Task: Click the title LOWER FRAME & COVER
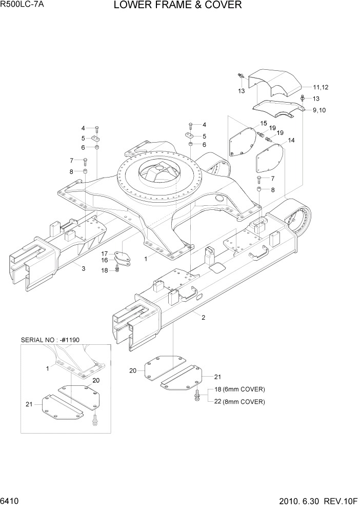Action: coord(177,6)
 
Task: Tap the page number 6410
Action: coord(11,501)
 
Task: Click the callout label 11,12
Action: coord(321,88)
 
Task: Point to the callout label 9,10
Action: coord(318,110)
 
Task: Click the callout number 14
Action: coord(291,140)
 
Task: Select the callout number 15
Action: coord(264,123)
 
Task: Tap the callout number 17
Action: coord(104,253)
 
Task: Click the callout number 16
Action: coord(104,261)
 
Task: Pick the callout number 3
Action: coord(83,268)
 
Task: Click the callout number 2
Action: coord(203,318)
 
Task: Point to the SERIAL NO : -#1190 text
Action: coord(50,340)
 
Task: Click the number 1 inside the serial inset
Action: coord(48,368)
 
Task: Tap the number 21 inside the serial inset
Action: coord(29,404)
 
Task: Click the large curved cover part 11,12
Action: coord(277,82)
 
